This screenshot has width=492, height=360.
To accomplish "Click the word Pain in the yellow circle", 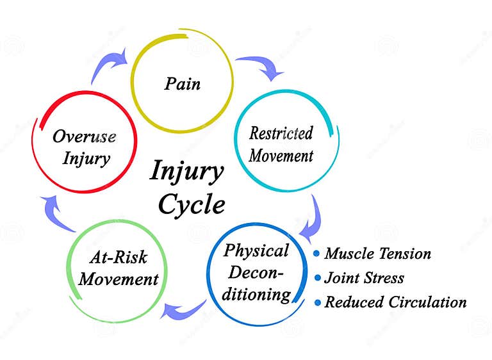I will click(x=182, y=83).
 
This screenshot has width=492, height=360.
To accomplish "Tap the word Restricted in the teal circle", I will click(x=281, y=134).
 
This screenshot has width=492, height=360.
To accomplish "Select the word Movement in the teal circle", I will click(x=281, y=156).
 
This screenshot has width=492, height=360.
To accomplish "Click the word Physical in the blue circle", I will click(x=256, y=250).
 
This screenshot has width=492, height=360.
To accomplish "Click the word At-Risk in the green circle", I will click(x=118, y=258).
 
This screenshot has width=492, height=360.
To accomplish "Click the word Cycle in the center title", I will click(x=191, y=204).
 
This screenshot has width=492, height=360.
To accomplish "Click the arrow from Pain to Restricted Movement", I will click(x=261, y=67).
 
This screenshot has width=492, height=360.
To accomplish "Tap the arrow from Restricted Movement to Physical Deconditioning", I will click(x=311, y=218).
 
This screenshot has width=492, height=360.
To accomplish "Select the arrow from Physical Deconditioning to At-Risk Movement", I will click(x=182, y=309).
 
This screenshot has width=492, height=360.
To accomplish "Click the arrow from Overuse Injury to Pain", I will click(x=108, y=61).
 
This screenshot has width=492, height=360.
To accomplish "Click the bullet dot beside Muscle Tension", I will click(x=316, y=254).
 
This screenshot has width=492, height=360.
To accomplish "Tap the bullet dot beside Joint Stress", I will click(x=316, y=278).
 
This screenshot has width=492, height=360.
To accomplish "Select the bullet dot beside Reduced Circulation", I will click(x=316, y=302).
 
